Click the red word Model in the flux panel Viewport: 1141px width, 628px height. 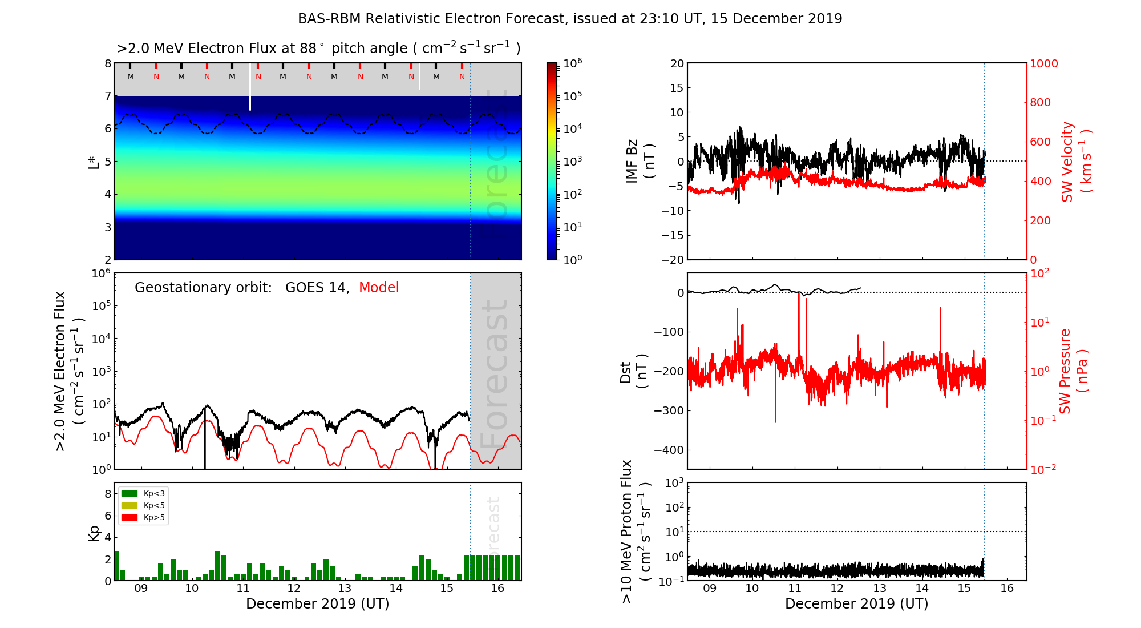[379, 288]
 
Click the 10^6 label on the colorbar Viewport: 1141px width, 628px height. [573, 63]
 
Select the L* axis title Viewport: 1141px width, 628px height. [94, 162]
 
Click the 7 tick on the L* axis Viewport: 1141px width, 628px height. [107, 96]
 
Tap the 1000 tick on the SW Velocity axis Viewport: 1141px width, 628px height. [1043, 63]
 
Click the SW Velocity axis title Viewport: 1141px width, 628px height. [1075, 162]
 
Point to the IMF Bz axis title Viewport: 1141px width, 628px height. [640, 162]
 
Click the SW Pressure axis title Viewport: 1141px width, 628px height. [1073, 371]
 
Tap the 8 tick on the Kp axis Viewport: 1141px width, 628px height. [107, 494]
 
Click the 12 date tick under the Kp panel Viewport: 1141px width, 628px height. [293, 589]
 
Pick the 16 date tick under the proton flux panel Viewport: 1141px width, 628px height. [1007, 589]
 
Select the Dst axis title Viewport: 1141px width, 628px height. [633, 371]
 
